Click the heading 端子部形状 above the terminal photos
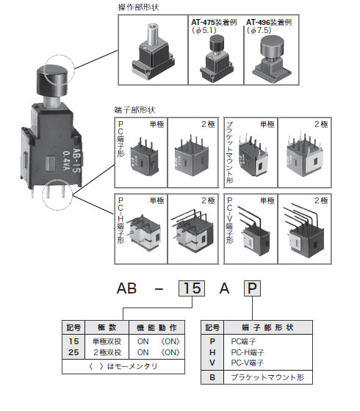pyautogui.click(x=134, y=109)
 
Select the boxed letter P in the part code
pyautogui.click(x=252, y=288)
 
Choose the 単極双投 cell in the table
pyautogui.click(x=106, y=341)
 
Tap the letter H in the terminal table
pyautogui.click(x=212, y=352)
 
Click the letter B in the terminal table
pyautogui.click(x=212, y=377)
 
